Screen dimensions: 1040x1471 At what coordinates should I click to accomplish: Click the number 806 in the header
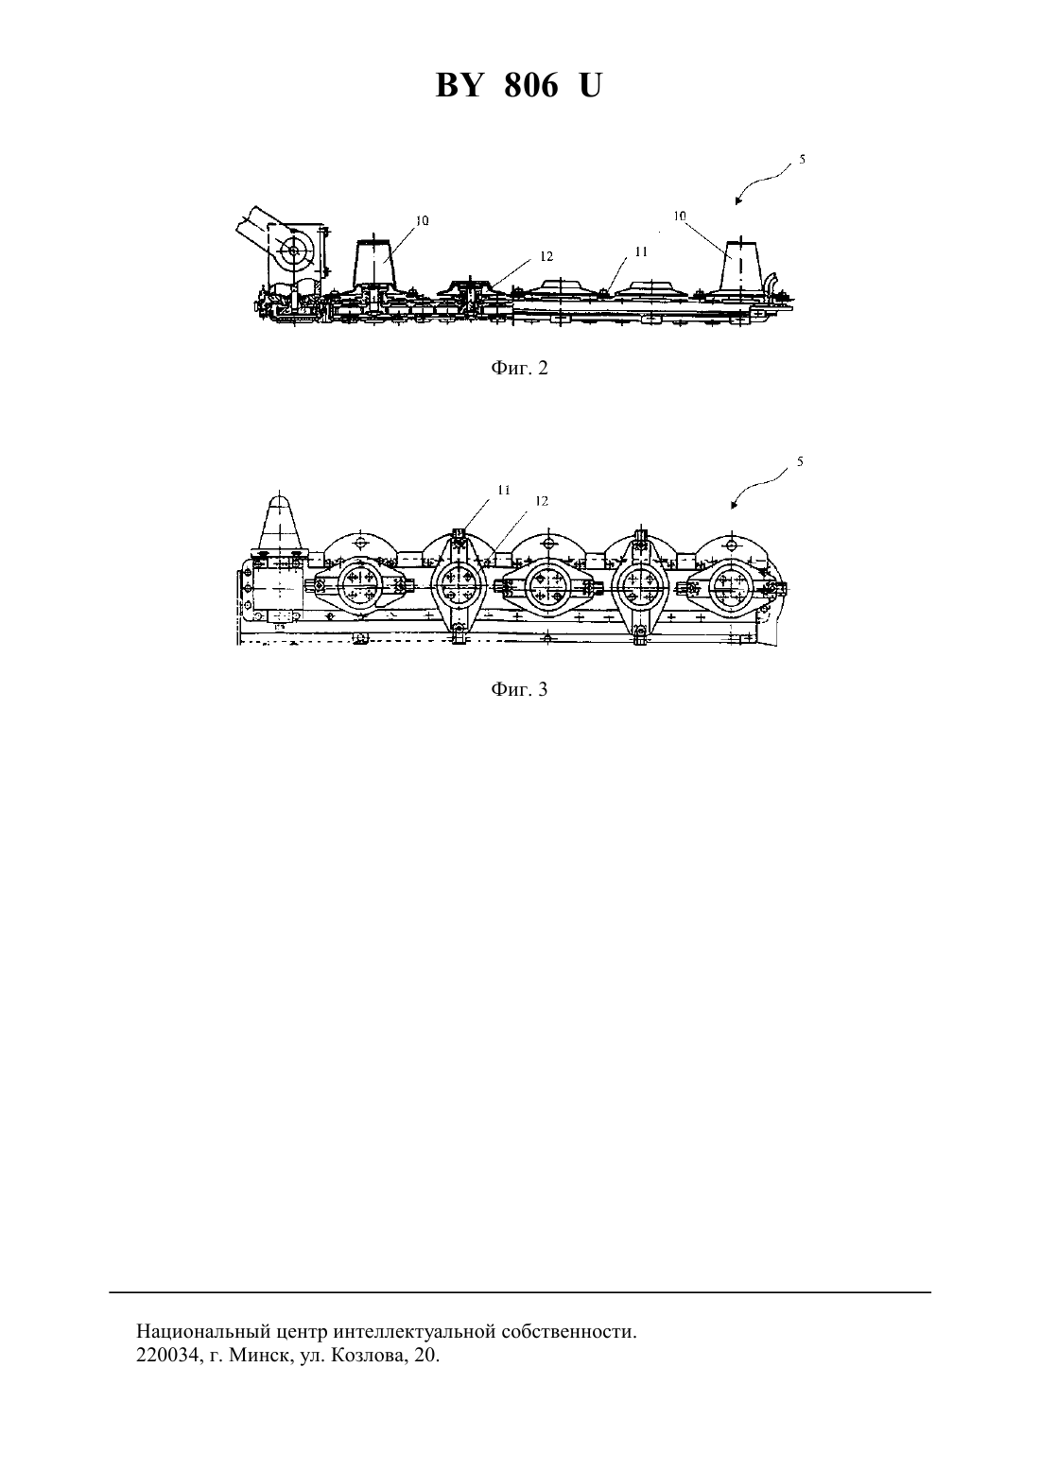click(531, 85)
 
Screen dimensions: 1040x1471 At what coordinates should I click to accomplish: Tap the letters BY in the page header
click(459, 85)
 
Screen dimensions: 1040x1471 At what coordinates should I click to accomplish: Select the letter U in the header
click(590, 85)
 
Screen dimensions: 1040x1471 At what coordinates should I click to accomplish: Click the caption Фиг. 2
click(519, 368)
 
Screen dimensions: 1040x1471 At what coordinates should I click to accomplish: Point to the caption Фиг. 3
click(519, 689)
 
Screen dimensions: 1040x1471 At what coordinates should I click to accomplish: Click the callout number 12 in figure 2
click(546, 256)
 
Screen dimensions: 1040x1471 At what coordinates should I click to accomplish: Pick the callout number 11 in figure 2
click(641, 251)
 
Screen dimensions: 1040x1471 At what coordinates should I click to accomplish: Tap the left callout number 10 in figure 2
click(423, 220)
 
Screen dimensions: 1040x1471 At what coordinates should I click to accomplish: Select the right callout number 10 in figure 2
click(680, 216)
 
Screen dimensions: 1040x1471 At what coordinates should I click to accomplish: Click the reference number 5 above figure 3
click(800, 461)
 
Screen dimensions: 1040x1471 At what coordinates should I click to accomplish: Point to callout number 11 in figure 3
click(504, 490)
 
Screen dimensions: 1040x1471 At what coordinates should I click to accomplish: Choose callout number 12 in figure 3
click(542, 501)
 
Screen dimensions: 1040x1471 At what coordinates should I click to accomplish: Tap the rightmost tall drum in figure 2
click(740, 265)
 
